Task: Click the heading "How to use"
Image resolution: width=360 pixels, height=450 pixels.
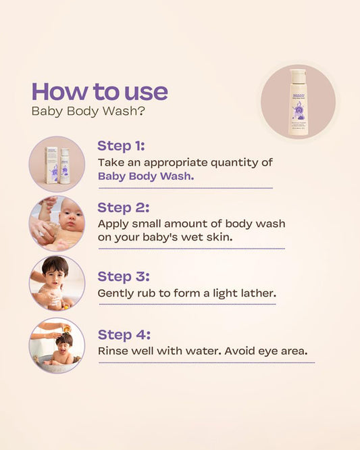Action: click(99, 91)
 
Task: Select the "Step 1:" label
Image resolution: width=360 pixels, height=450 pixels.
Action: click(121, 145)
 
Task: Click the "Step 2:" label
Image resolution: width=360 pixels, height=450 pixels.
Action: click(123, 207)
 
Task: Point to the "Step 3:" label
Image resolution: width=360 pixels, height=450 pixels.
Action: click(123, 276)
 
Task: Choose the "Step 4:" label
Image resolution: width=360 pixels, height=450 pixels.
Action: click(124, 334)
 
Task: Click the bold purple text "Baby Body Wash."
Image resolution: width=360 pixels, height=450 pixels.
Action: click(145, 176)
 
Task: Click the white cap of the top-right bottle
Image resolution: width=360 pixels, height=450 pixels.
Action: click(297, 74)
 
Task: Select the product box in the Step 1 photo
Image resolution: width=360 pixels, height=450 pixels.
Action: click(51, 164)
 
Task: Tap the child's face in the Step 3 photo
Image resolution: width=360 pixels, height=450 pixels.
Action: click(55, 275)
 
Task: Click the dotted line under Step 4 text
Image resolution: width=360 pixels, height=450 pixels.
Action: click(206, 363)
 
